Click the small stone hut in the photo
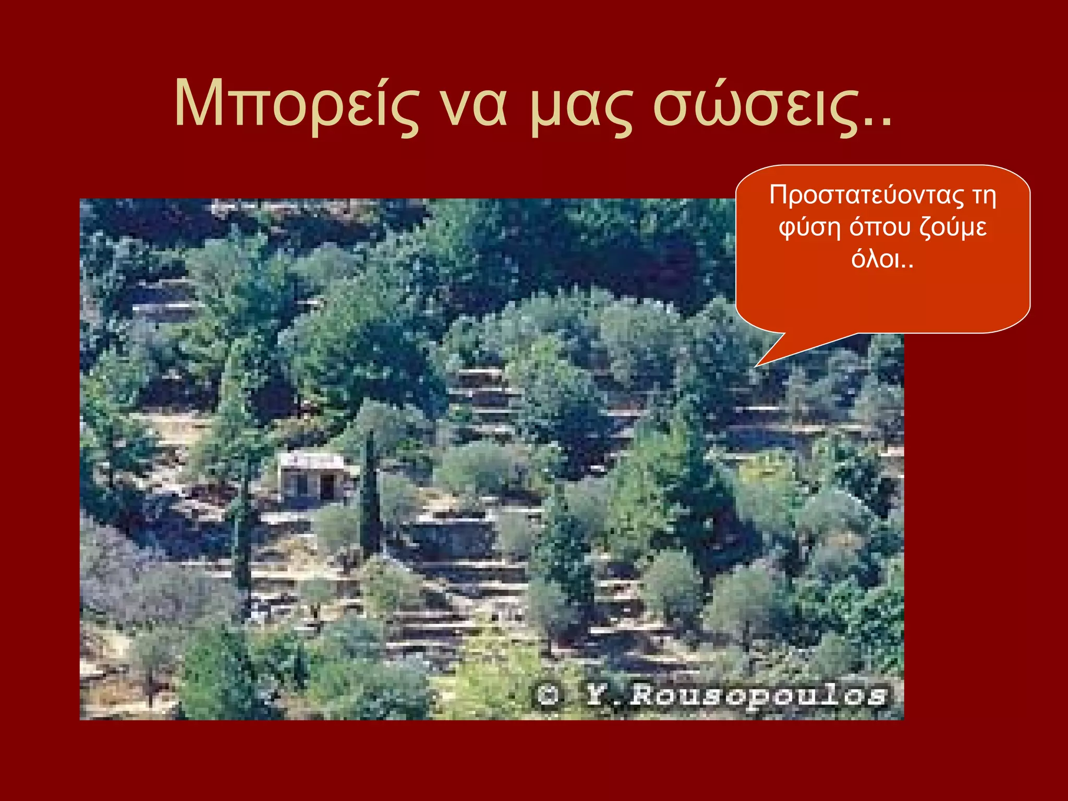[x=313, y=477]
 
